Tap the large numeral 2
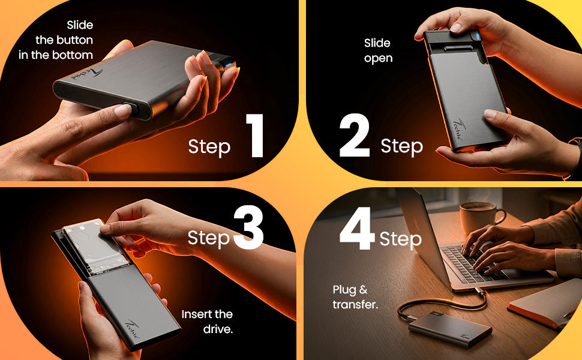point(355,136)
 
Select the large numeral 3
point(248,227)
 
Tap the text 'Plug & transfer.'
point(355,297)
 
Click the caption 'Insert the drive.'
point(207,322)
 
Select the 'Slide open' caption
point(378,50)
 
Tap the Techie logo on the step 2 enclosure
point(460,129)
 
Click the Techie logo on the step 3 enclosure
point(133,329)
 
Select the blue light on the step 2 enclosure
point(478,36)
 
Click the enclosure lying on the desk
point(450,329)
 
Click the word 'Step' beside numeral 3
point(209,238)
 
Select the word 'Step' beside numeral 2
point(401,146)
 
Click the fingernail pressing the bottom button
point(124,109)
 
